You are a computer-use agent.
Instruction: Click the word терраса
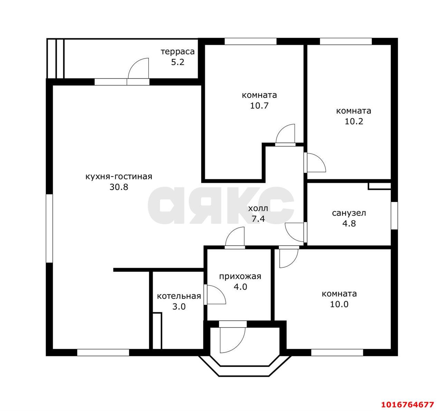point(177,52)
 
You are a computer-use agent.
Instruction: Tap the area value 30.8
point(119,187)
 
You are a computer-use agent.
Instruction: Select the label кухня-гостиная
point(119,177)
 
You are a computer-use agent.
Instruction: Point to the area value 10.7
point(259,106)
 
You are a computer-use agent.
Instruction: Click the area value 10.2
point(354,121)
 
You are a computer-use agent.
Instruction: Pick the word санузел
point(349,213)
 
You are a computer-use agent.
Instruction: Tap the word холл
point(258,209)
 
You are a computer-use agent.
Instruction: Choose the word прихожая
point(240,276)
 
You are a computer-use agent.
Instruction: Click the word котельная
point(179,296)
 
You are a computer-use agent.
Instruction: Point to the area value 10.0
point(339,304)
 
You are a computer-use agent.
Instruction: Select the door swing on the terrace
point(138,68)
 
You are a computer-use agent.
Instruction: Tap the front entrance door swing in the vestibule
point(233,340)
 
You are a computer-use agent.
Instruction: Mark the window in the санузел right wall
point(394,216)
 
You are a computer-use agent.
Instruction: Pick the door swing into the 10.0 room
point(289,258)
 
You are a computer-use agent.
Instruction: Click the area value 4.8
point(349,223)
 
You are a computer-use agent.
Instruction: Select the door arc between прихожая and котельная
point(216,294)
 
